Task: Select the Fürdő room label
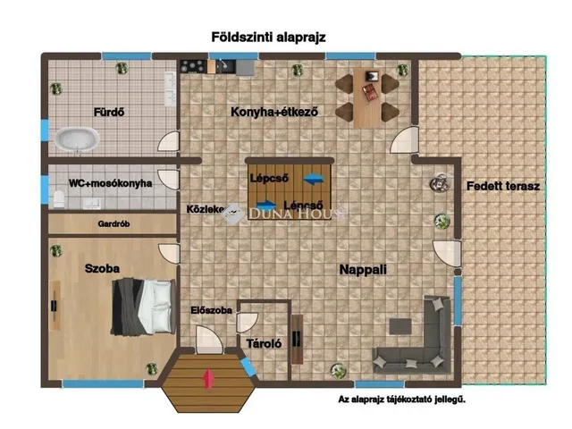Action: (x=109, y=113)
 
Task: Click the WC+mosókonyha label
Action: (x=110, y=183)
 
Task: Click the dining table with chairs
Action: (x=366, y=96)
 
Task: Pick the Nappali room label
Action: (x=362, y=268)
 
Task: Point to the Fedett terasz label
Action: (x=503, y=187)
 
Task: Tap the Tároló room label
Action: (x=264, y=342)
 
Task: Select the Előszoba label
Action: (x=212, y=311)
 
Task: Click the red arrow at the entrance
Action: (x=208, y=378)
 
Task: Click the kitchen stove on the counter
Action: (x=192, y=66)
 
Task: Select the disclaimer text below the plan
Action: (x=401, y=400)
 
